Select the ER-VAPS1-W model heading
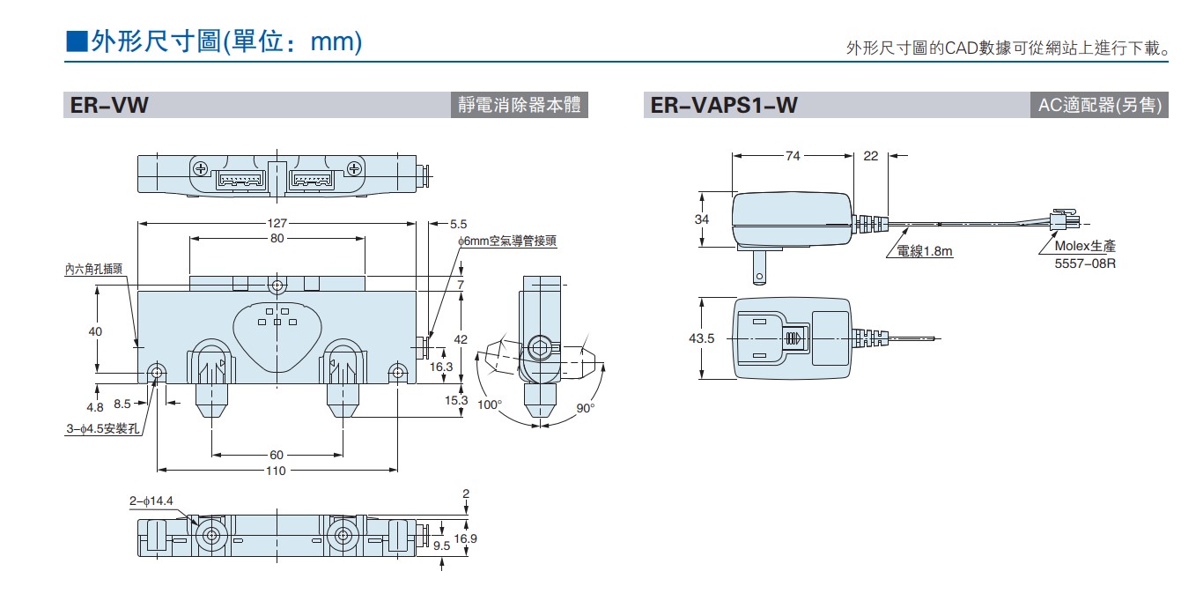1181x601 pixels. click(724, 106)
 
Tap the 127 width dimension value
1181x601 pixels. click(277, 224)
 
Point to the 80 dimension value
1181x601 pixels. click(277, 239)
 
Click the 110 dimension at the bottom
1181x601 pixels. click(277, 471)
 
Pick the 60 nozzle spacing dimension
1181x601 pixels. click(277, 455)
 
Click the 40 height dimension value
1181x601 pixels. click(95, 331)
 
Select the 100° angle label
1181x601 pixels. click(489, 405)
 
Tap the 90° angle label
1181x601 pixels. click(586, 407)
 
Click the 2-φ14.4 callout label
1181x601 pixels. click(151, 501)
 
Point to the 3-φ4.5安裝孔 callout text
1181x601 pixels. click(104, 430)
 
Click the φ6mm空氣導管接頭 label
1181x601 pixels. click(506, 240)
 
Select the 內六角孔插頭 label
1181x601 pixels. click(93, 269)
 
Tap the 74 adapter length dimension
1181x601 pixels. click(793, 156)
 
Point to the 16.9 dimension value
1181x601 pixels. click(466, 538)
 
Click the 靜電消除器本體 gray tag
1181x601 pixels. click(519, 106)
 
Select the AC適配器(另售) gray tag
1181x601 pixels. click(1100, 106)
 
